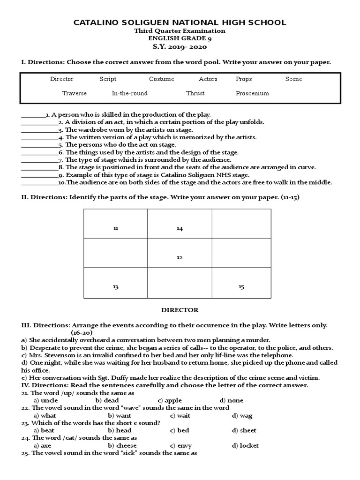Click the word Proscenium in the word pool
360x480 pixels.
tap(252, 93)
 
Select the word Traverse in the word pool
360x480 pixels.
tap(75, 93)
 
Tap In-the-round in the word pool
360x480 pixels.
tap(129, 93)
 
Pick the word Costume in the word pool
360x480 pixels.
tap(161, 79)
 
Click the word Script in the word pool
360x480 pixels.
tap(108, 79)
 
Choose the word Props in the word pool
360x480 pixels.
tap(244, 79)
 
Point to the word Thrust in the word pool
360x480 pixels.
tap(195, 93)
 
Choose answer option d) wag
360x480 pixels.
tap(242, 416)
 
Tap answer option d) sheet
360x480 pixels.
tap(244, 431)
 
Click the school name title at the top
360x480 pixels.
tap(180, 22)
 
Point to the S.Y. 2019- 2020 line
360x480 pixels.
tap(180, 47)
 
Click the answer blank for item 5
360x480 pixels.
tap(40, 145)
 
